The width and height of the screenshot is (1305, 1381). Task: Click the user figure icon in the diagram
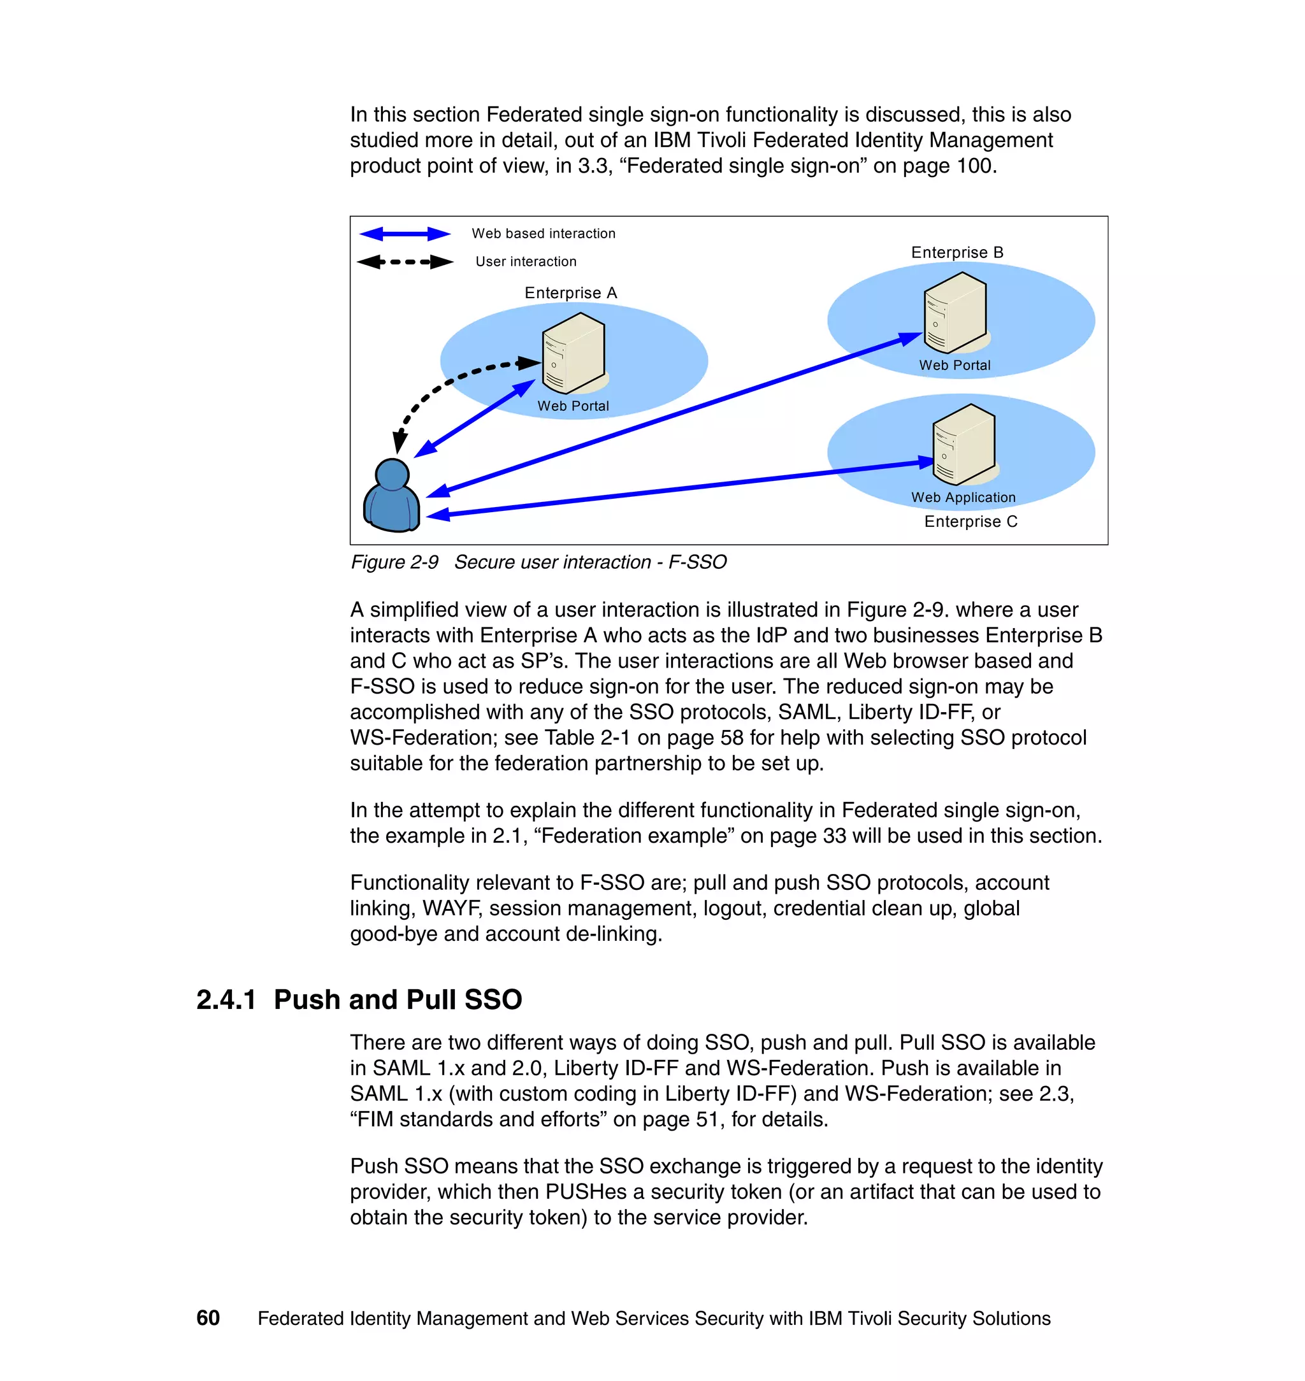[392, 495]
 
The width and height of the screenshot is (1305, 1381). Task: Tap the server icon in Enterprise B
[955, 312]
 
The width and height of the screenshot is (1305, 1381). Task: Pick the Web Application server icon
[963, 445]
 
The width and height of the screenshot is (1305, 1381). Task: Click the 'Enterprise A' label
[570, 293]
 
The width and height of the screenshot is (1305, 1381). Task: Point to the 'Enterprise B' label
[957, 252]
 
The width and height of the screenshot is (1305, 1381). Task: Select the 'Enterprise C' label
[970, 522]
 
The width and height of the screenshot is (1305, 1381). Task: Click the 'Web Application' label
[963, 497]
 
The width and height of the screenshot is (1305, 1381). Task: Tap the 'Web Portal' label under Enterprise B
[955, 365]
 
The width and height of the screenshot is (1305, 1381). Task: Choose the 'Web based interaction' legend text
[544, 234]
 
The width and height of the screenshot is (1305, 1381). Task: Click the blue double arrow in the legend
[405, 234]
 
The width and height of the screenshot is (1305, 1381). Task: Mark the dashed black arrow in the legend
[405, 262]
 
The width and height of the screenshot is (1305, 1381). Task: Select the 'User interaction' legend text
[526, 261]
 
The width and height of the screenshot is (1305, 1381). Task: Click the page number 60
[208, 1318]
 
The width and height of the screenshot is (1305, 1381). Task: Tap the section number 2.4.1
[226, 999]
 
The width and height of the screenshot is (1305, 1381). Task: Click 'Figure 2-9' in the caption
[394, 562]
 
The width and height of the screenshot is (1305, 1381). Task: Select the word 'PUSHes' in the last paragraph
[586, 1191]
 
